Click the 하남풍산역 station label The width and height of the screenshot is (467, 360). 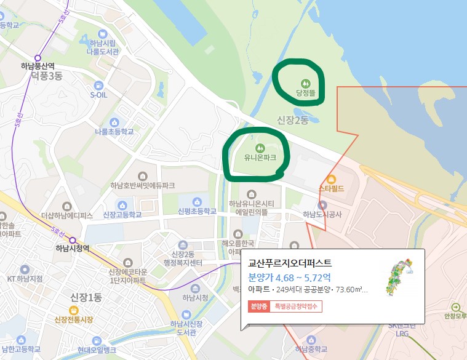pos(38,66)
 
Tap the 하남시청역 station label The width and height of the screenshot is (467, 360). pos(72,249)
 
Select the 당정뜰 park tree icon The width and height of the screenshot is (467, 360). pos(305,82)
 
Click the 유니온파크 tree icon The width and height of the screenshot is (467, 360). pos(260,148)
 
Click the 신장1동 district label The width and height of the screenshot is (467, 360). pos(86,297)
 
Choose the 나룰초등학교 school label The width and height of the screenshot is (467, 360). pos(114,132)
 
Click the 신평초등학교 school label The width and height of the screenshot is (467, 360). pos(197,211)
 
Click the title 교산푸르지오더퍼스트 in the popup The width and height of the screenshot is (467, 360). pos(290,262)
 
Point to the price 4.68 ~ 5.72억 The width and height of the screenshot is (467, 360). pos(290,276)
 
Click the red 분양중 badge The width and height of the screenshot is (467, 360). pos(258,306)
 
